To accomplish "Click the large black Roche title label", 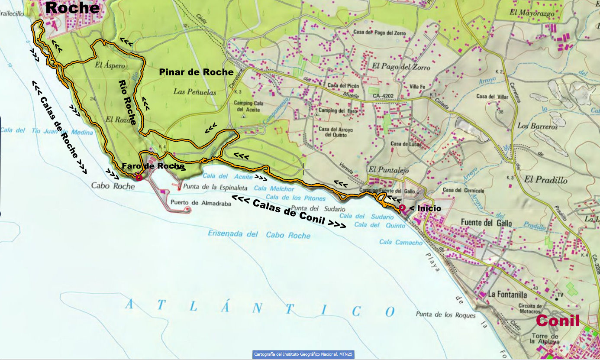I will pyautogui.click(x=72, y=7).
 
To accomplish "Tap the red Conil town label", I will pyautogui.click(x=558, y=321).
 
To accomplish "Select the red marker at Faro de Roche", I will pyautogui.click(x=139, y=177).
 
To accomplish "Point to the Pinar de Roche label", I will pyautogui.click(x=196, y=72).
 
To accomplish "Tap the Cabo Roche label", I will pyautogui.click(x=113, y=185).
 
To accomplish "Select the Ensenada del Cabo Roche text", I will pyautogui.click(x=259, y=234).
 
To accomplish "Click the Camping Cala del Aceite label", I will pyautogui.click(x=249, y=106).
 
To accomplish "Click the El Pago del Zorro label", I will pyautogui.click(x=401, y=67).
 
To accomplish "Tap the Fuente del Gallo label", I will pyautogui.click(x=486, y=224).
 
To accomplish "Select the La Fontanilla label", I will pyautogui.click(x=507, y=295).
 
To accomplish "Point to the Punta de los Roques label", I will pyautogui.click(x=445, y=315).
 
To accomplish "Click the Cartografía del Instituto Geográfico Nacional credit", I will pyautogui.click(x=303, y=354).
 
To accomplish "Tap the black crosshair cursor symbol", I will pyautogui.click(x=303, y=169).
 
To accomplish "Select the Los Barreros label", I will pyautogui.click(x=538, y=126).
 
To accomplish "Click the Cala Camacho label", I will pyautogui.click(x=401, y=243).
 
